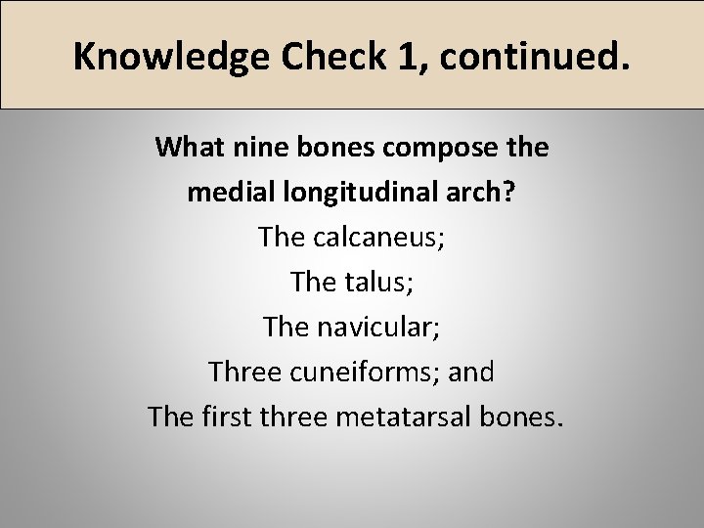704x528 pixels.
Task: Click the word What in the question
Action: pyautogui.click(x=186, y=148)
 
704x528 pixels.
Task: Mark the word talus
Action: pyautogui.click(x=374, y=282)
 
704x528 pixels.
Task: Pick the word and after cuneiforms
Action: pyautogui.click(x=472, y=372)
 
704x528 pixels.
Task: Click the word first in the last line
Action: pyautogui.click(x=227, y=417)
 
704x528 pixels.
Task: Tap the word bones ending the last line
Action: pyautogui.click(x=525, y=417)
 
